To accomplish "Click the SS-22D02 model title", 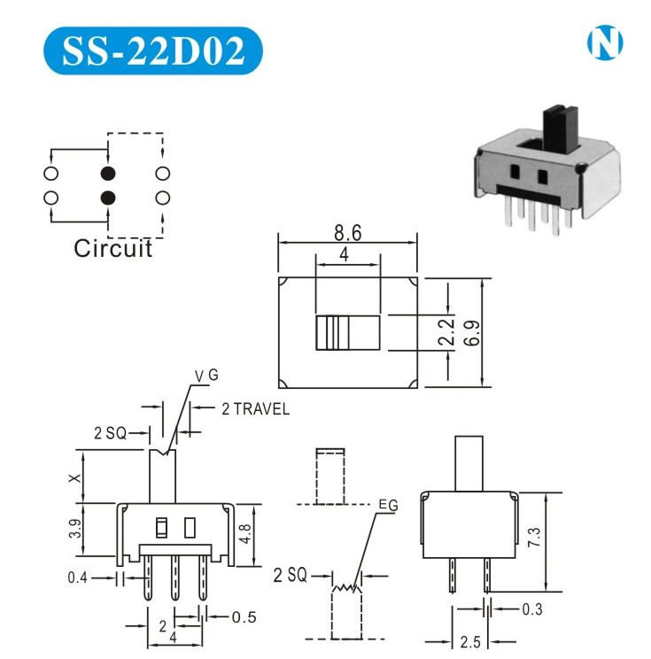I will [152, 53].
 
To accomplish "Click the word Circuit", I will [112, 248].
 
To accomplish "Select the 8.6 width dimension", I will [347, 235].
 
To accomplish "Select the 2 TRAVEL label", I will [254, 409].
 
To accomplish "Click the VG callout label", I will [206, 377].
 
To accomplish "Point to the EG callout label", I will [387, 505].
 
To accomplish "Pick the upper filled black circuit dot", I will [108, 174].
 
